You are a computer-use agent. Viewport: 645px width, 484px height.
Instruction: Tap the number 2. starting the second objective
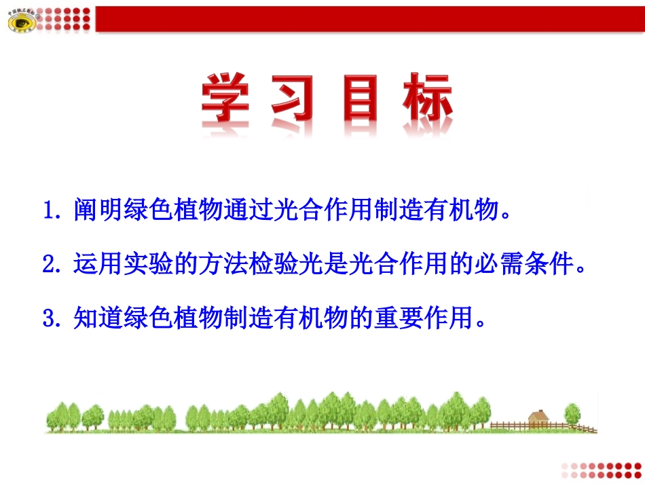(53, 265)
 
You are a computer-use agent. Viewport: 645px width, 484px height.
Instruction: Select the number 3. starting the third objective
(53, 318)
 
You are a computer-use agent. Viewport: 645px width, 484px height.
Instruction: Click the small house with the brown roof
(538, 418)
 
